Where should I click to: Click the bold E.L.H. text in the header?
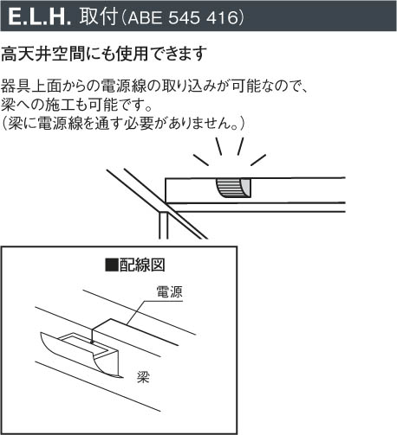pyautogui.click(x=40, y=16)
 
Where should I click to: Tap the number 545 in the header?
pyautogui.click(x=184, y=17)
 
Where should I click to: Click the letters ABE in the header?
pyautogui.click(x=145, y=17)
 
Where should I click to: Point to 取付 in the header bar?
pyautogui.click(x=99, y=16)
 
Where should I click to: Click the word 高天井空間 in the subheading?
pyautogui.click(x=42, y=54)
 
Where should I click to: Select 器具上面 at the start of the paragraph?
pyautogui.click(x=31, y=86)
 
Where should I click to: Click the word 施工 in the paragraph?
pyautogui.click(x=59, y=105)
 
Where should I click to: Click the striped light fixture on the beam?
pyautogui.click(x=233, y=188)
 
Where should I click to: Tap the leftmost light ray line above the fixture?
pyautogui.click(x=201, y=160)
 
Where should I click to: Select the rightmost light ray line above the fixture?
pyautogui.click(x=258, y=160)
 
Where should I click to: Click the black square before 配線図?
pyautogui.click(x=112, y=265)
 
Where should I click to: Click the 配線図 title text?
pyautogui.click(x=142, y=265)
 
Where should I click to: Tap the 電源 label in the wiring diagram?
pyautogui.click(x=169, y=291)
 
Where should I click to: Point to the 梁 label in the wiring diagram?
pyautogui.click(x=143, y=376)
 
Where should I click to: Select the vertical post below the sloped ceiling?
pyautogui.click(x=163, y=226)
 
